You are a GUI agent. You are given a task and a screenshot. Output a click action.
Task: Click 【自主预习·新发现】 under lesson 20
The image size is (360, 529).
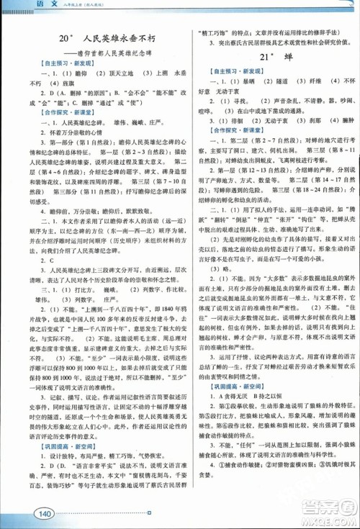point(48,63)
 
